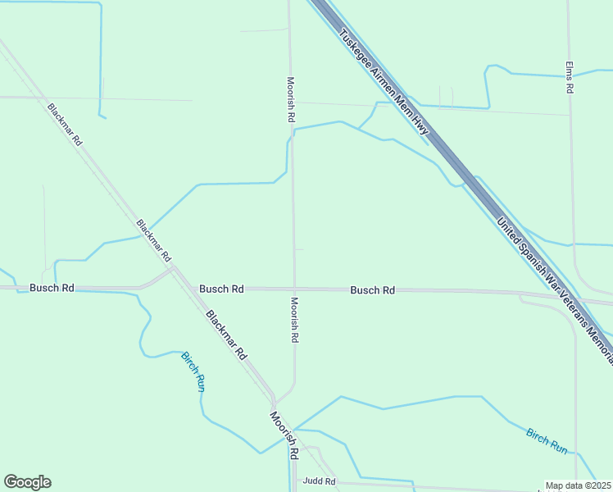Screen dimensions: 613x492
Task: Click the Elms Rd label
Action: point(569,78)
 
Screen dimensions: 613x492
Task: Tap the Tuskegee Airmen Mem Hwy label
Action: point(384,80)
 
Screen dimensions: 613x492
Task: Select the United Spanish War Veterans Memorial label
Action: point(556,283)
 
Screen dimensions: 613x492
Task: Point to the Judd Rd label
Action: point(319,481)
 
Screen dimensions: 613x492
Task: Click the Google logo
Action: point(27,482)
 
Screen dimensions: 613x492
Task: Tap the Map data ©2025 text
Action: point(579,485)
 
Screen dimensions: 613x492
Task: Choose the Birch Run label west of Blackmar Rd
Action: point(193,371)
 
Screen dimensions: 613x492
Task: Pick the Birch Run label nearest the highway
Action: point(547,441)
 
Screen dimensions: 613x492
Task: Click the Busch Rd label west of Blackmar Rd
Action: point(52,288)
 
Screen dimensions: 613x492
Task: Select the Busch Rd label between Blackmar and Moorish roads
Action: point(221,289)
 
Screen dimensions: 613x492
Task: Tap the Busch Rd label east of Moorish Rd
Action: point(373,290)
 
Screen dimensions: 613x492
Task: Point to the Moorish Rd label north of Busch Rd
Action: point(290,99)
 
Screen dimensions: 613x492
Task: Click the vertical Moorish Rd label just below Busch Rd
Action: point(293,320)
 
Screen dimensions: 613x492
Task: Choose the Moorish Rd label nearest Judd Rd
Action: point(284,435)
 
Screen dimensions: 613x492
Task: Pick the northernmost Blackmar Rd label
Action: point(65,124)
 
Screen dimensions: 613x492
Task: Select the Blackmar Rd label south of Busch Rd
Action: point(226,335)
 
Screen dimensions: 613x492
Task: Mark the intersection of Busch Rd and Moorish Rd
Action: point(294,289)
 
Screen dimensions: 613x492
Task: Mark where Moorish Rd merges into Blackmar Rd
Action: point(275,402)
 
